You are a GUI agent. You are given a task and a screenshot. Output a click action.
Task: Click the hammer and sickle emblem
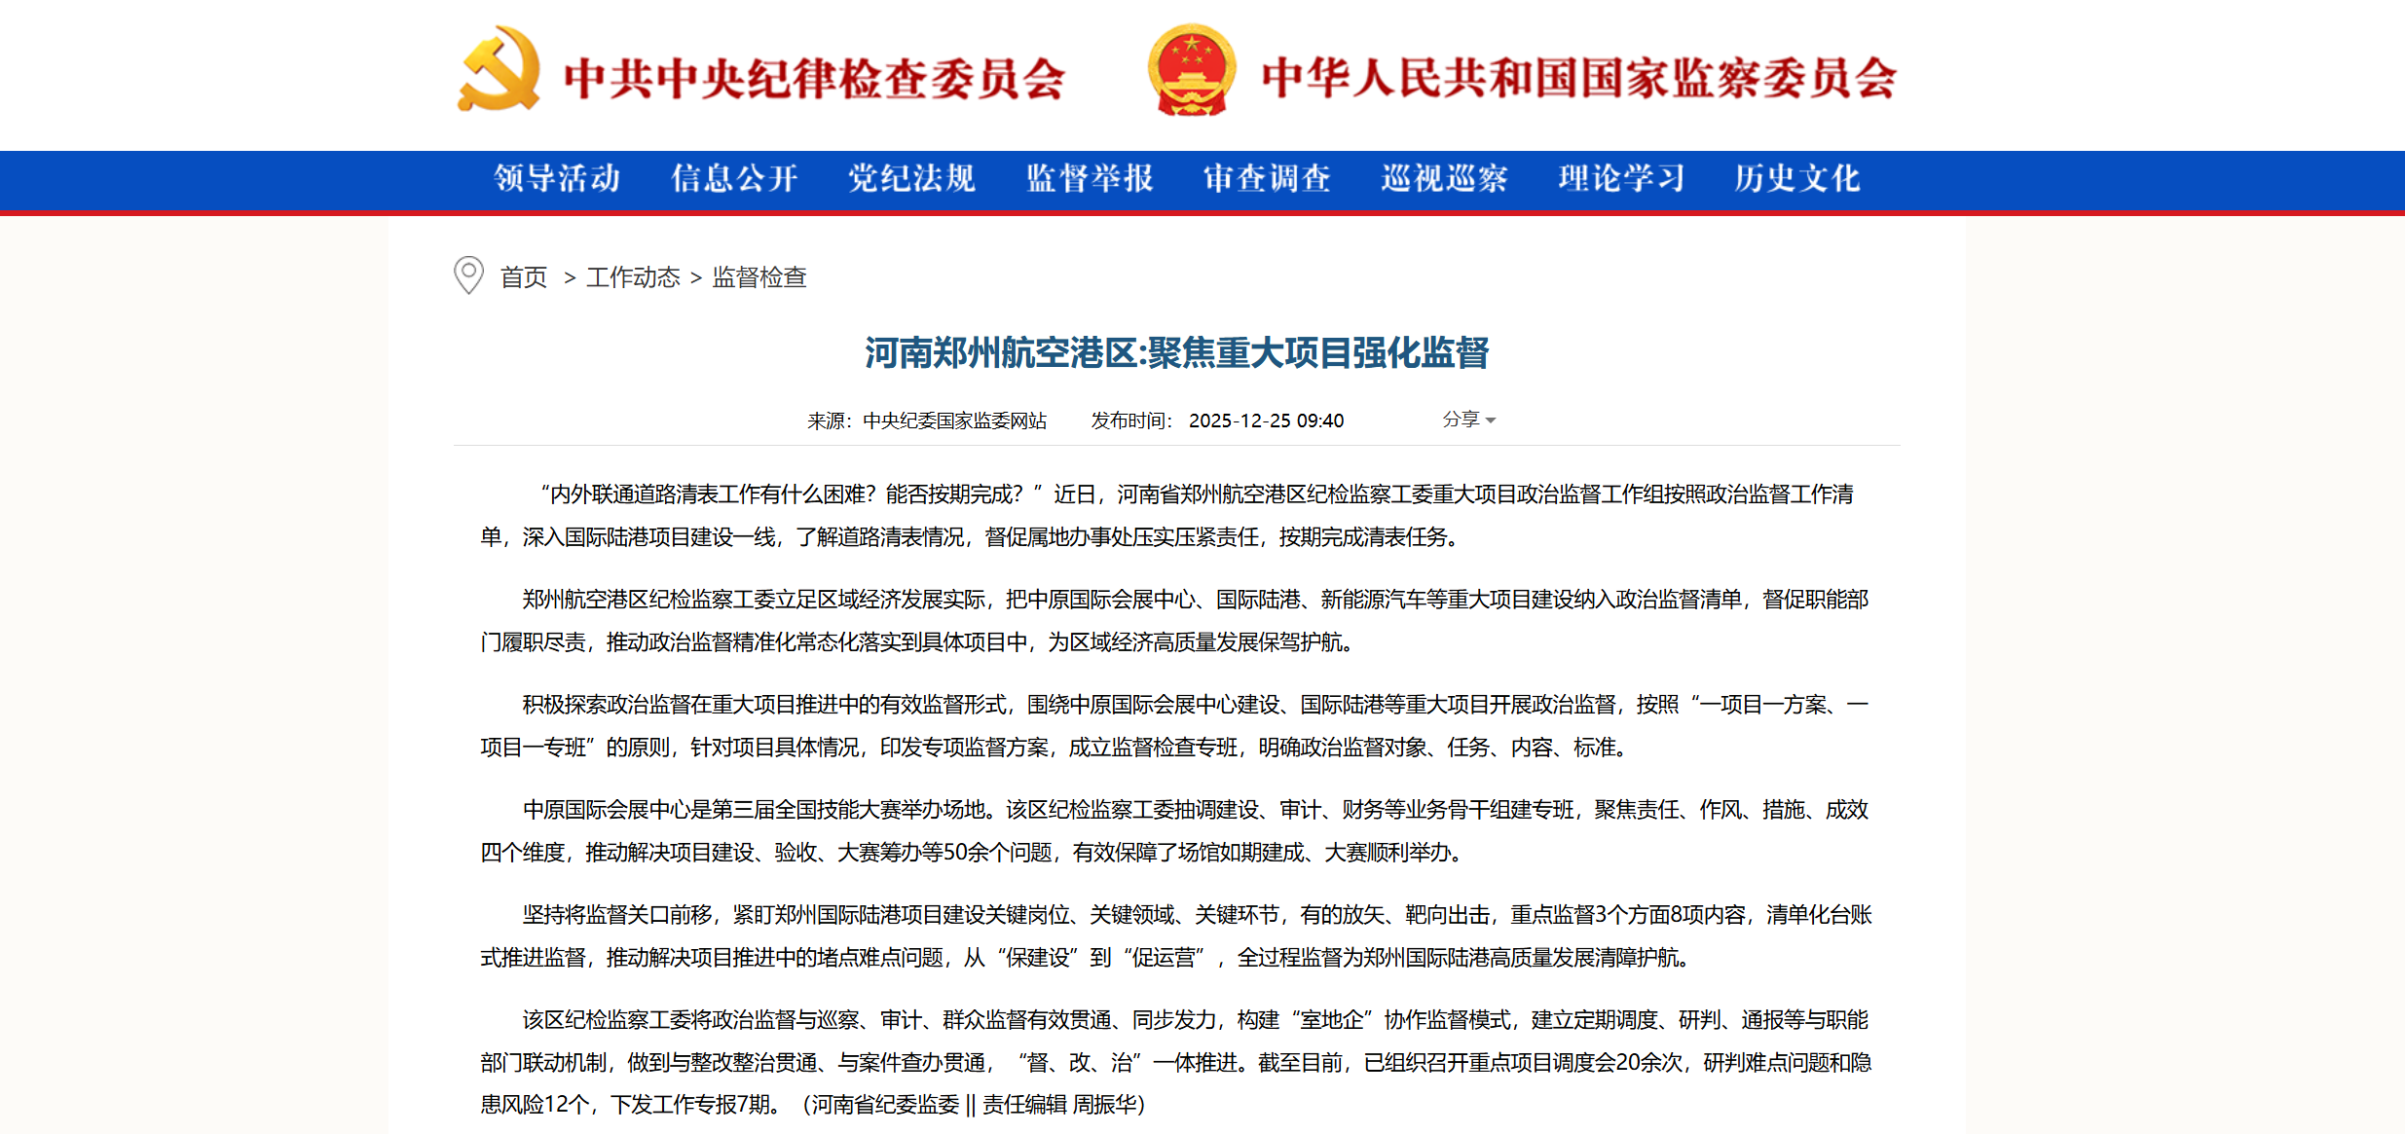click(x=499, y=69)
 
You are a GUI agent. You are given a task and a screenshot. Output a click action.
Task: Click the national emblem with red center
click(x=1192, y=69)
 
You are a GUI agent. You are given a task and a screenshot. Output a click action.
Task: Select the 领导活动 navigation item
click(x=557, y=178)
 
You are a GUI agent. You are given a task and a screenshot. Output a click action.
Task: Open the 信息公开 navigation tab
click(x=734, y=178)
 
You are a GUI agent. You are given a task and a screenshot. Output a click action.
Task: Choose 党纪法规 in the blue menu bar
click(x=911, y=178)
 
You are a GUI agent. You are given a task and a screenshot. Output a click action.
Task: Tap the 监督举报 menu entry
click(x=1090, y=178)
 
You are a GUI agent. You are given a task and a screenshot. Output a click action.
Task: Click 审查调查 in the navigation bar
click(x=1267, y=178)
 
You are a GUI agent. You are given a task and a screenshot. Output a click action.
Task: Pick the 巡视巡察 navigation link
click(x=1444, y=178)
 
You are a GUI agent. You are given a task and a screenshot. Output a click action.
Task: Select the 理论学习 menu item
click(x=1621, y=178)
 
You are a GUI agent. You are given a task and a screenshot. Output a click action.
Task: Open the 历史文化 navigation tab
click(x=1797, y=178)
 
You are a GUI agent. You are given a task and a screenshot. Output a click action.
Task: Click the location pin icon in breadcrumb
click(x=468, y=275)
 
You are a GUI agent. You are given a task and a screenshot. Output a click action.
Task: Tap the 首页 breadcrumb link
click(x=524, y=277)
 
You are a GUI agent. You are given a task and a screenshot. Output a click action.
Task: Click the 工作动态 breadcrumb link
click(x=633, y=277)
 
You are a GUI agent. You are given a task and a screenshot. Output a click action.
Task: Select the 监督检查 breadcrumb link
click(x=759, y=277)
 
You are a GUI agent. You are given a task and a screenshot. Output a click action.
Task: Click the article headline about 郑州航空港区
click(x=1176, y=352)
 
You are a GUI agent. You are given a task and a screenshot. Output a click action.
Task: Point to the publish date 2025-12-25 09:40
click(x=1266, y=421)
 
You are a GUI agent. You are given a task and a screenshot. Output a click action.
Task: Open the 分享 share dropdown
click(x=1468, y=420)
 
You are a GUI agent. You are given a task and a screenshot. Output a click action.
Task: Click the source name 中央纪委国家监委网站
click(x=954, y=421)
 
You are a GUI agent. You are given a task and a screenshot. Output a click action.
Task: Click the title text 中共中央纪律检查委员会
click(x=814, y=79)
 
